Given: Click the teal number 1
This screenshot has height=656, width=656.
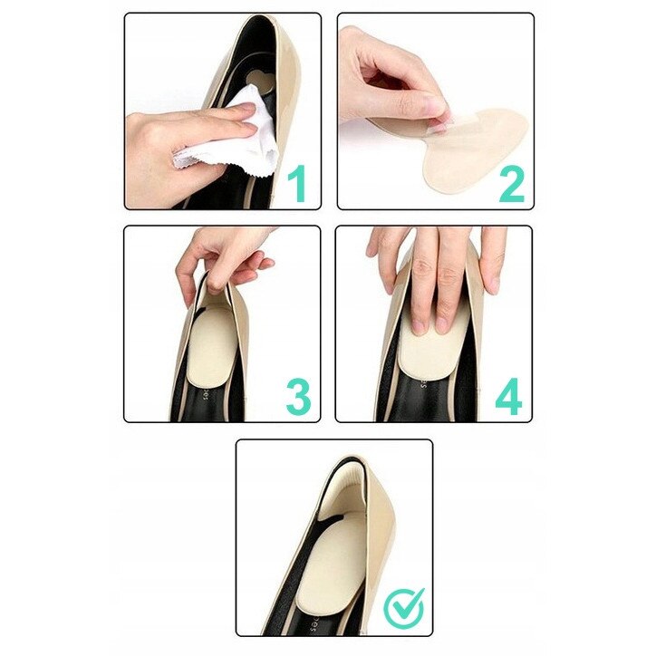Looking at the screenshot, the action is (298, 184).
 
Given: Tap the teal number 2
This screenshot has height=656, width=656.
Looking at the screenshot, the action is (512, 184).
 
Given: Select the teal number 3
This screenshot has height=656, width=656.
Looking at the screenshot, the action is (298, 396).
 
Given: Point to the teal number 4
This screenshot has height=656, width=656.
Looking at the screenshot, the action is (508, 396).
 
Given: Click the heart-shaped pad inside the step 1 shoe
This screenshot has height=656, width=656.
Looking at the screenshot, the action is (258, 81).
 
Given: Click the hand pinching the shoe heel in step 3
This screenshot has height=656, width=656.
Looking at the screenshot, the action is (222, 259).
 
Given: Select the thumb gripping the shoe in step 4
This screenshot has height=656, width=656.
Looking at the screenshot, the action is (493, 260).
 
